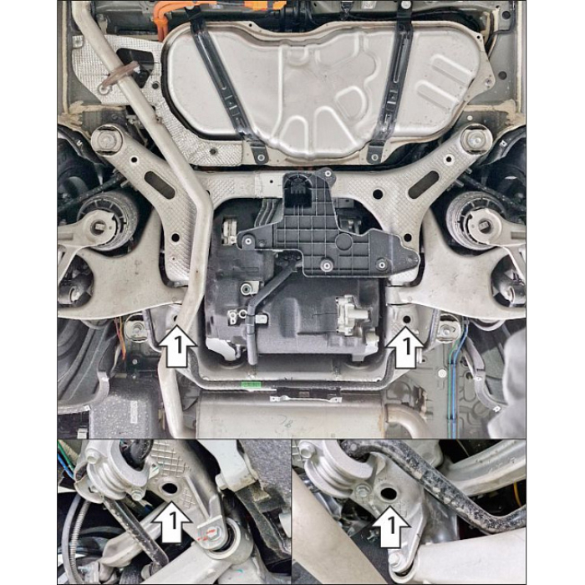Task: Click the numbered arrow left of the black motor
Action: [x=177, y=345]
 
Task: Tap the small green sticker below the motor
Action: [x=251, y=384]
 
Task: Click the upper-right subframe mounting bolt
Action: [x=476, y=140]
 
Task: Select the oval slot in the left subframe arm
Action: [x=160, y=186]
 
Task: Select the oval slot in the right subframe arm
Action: [x=423, y=185]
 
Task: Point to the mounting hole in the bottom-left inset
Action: [x=169, y=487]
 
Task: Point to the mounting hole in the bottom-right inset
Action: [x=388, y=494]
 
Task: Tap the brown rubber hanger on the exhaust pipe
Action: [x=120, y=76]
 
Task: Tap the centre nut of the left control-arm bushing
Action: [x=99, y=226]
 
